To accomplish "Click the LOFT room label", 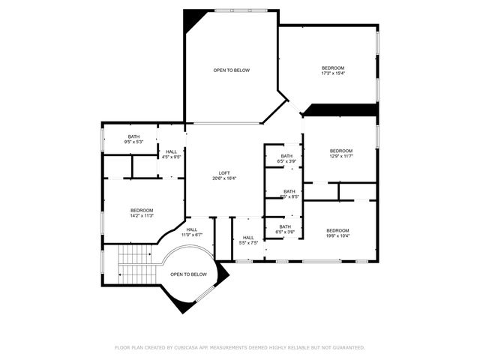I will pos(224,172).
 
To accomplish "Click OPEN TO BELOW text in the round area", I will pos(188,274).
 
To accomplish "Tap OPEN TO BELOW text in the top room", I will pos(231,70).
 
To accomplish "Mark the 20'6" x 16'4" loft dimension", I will pos(224,178).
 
